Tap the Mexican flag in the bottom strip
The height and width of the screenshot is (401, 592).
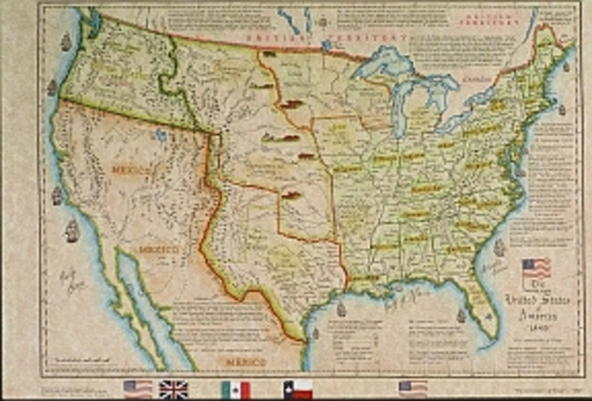236,389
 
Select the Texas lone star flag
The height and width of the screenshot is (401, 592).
298,389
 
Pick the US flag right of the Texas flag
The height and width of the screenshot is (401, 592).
413,388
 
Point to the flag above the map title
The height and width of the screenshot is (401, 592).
536,269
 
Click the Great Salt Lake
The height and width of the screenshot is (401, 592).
163,136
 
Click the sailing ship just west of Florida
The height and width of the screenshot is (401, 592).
461,315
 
